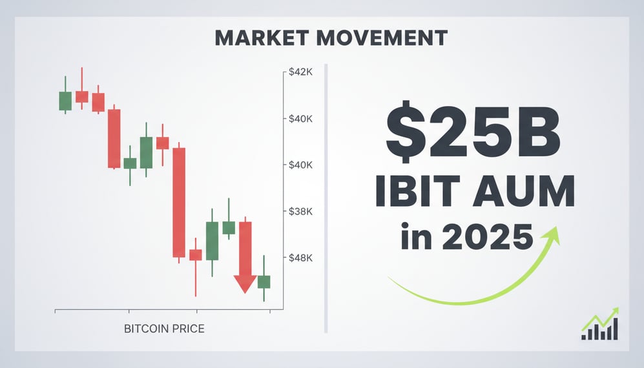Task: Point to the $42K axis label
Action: click(299, 72)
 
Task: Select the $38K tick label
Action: click(299, 212)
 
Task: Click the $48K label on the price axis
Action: click(299, 258)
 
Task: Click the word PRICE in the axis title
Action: click(189, 329)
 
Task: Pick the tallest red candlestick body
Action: click(179, 203)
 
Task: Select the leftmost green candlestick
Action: click(65, 101)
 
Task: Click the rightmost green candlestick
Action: click(264, 281)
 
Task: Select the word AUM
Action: click(523, 192)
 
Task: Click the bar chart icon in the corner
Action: click(601, 325)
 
